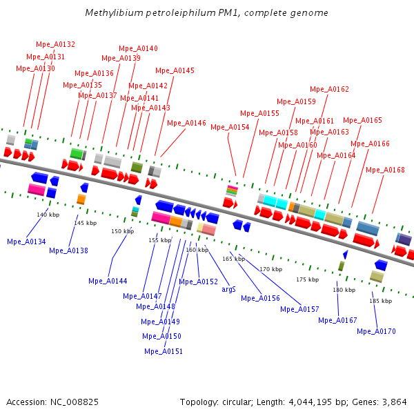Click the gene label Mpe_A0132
coord(56,44)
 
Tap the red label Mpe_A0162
coord(329,89)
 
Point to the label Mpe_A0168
coord(385,170)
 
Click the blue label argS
coord(228,289)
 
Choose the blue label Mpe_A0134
coord(26,241)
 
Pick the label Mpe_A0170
coord(376,331)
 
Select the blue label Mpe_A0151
coord(164,351)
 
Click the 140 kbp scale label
coord(48,215)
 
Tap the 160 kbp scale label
coord(197,250)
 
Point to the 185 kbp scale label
coord(380,301)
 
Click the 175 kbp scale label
coord(307,279)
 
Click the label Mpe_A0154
coord(230,127)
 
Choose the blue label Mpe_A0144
coord(108,281)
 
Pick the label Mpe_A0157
coord(299,309)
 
